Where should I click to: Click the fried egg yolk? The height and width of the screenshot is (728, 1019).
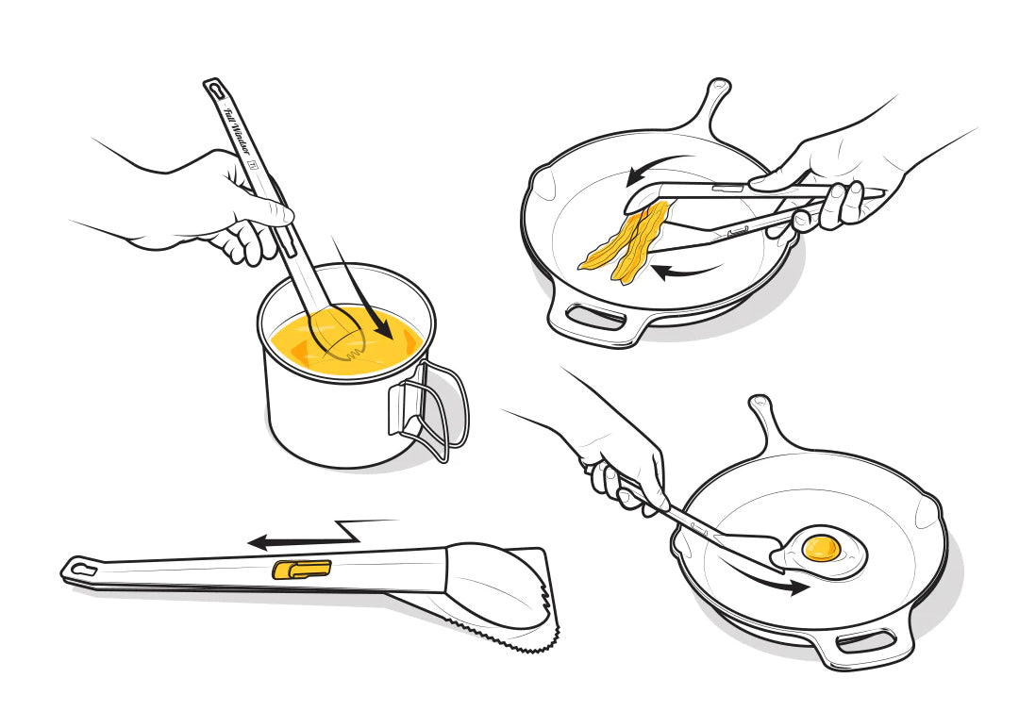pyautogui.click(x=822, y=548)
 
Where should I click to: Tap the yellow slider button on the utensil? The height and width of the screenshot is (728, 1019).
pyautogui.click(x=302, y=570)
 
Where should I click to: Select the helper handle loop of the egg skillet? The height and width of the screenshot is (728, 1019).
pyautogui.click(x=864, y=642)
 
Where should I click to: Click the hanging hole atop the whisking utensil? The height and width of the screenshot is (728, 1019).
pyautogui.click(x=215, y=88)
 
